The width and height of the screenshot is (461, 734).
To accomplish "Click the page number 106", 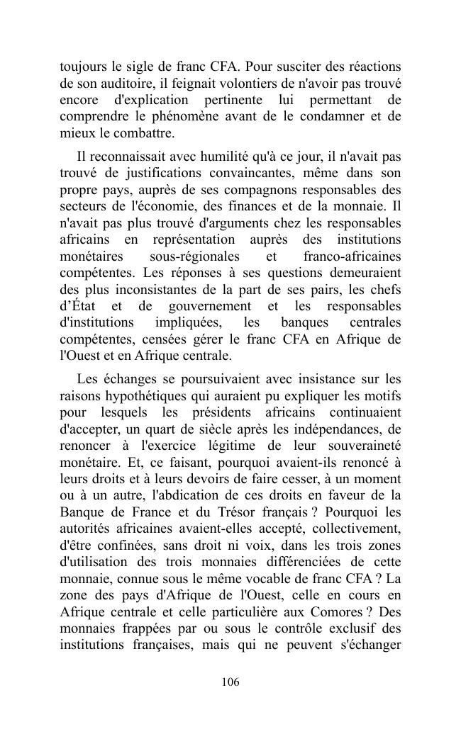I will coord(230,682).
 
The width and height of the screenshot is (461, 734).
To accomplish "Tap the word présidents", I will coord(246,412).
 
